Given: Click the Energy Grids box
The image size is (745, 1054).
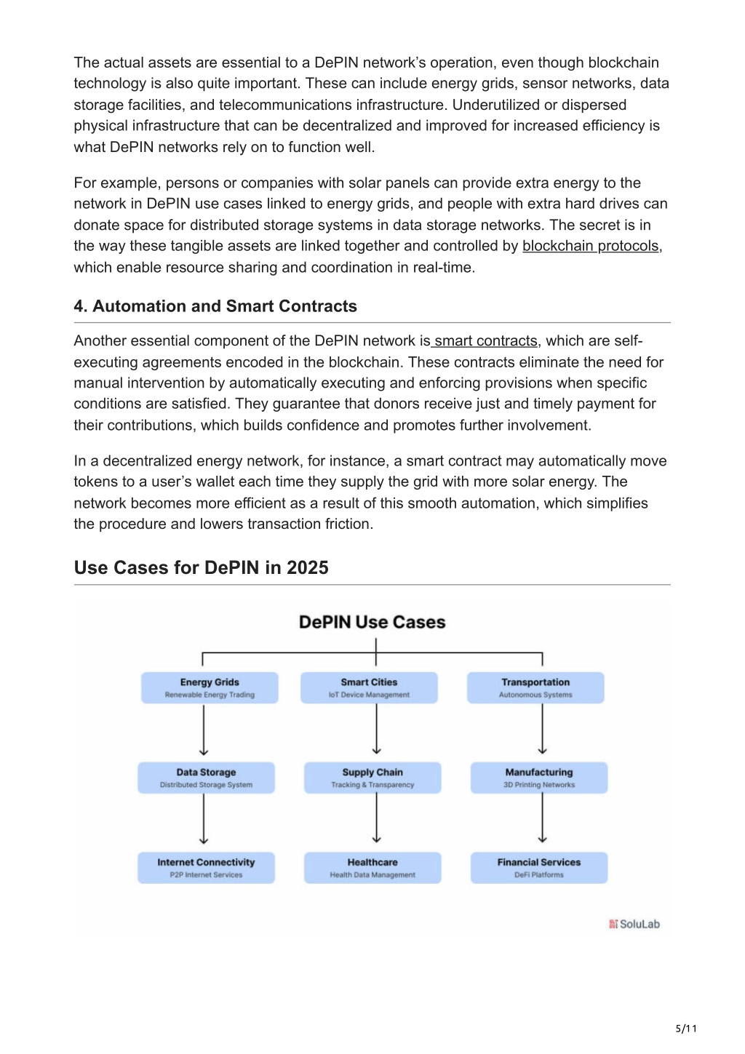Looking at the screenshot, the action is pyautogui.click(x=210, y=687).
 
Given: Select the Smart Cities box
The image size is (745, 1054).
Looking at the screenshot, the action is pyautogui.click(x=369, y=687).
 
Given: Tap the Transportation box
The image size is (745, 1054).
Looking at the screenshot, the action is pyautogui.click(x=535, y=687).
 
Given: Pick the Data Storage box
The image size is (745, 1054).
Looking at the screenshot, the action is pyautogui.click(x=206, y=778).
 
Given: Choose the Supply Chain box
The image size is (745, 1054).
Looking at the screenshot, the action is pyautogui.click(x=372, y=778).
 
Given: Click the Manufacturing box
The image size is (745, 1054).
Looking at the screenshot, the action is pyautogui.click(x=539, y=778).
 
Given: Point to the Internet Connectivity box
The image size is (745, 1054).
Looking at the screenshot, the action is pyautogui.click(x=206, y=867).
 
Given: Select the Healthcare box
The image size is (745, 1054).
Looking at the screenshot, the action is pyautogui.click(x=372, y=867).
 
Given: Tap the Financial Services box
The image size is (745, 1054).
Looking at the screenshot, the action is pyautogui.click(x=539, y=867).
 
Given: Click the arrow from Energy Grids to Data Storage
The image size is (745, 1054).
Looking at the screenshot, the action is pyautogui.click(x=204, y=730).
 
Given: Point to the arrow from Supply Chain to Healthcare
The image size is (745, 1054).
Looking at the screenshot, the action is pyautogui.click(x=376, y=818).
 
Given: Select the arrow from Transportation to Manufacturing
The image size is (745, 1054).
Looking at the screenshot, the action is pyautogui.click(x=542, y=729).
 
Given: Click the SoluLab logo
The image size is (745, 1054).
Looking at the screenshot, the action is pyautogui.click(x=634, y=924).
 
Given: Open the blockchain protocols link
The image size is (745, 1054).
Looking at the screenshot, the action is pyautogui.click(x=590, y=246).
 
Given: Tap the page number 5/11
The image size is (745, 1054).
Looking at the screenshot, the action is pyautogui.click(x=686, y=1029).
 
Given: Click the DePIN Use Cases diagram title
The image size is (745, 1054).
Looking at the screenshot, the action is pyautogui.click(x=372, y=622).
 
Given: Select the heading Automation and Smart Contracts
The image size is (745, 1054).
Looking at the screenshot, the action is pyautogui.click(x=225, y=306).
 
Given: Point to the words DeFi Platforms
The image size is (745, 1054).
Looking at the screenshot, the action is pyautogui.click(x=539, y=875).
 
